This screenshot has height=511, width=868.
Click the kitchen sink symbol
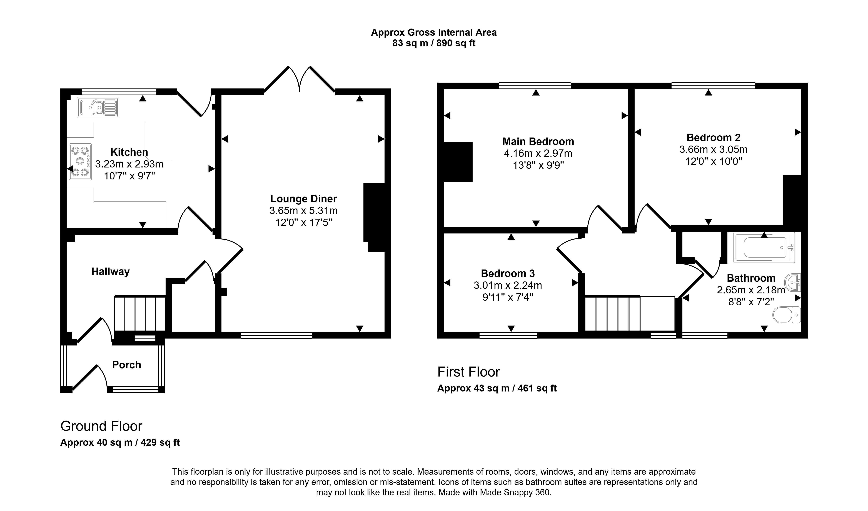coord(98,107)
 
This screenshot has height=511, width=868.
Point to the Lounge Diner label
coord(303,199)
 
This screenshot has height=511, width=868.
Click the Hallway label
coord(110,272)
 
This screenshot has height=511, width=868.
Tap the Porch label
coord(126,365)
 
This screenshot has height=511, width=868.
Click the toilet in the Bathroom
coord(787,315)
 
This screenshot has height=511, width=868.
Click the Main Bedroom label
coord(538,141)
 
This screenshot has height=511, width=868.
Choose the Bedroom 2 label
coord(713,137)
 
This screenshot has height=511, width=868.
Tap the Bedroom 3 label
coord(508,273)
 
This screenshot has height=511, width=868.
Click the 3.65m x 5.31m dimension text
coord(303,210)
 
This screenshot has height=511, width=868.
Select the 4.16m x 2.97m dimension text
coord(538,153)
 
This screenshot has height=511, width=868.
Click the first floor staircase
coord(630,313)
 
